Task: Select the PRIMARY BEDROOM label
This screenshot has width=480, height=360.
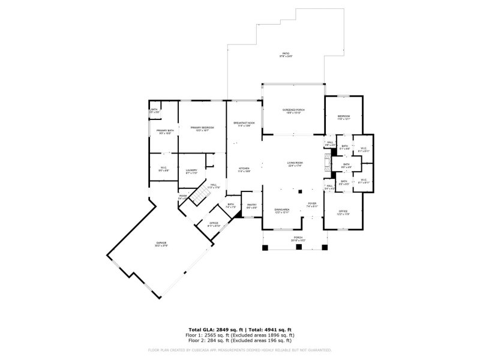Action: click(202, 128)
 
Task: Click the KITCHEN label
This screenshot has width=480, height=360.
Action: click(244, 169)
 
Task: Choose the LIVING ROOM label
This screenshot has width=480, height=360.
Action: click(295, 163)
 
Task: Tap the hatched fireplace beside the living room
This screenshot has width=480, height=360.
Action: click(327, 163)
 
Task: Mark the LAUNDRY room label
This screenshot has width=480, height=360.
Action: click(192, 171)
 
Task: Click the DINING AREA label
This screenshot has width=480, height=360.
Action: click(282, 211)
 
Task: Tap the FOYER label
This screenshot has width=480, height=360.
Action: click(312, 205)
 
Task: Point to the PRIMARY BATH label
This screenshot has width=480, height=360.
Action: click(166, 132)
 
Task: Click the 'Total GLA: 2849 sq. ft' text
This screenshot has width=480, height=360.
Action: click(214, 330)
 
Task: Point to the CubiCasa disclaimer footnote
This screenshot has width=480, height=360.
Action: click(240, 350)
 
